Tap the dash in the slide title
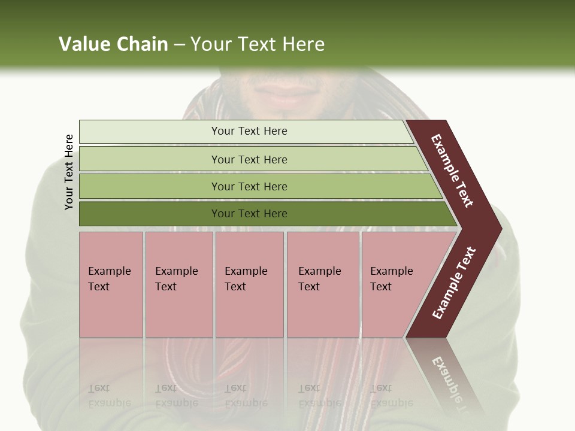tap(179, 45)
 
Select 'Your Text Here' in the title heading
tap(258, 44)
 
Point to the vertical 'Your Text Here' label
tap(69, 172)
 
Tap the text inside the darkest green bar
tap(249, 214)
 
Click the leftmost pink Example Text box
tap(111, 284)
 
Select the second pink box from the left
tap(178, 284)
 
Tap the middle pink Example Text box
tap(249, 284)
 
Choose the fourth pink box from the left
tap(323, 284)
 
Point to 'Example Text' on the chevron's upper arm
tap(452, 171)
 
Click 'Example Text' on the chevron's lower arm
tap(454, 283)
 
